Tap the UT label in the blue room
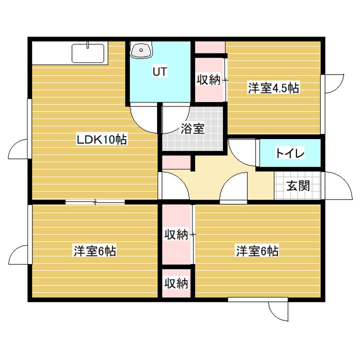[x=159, y=71]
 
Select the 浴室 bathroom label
[x=191, y=128]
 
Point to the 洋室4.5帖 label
[x=273, y=88]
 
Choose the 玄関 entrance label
[x=298, y=186]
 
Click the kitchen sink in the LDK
[x=88, y=52]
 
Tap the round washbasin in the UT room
[x=140, y=50]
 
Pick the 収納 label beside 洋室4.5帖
[x=208, y=80]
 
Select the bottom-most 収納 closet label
[x=176, y=283]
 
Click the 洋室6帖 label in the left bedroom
[x=95, y=251]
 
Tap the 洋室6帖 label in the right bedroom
[x=257, y=251]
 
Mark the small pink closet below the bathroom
[x=176, y=163]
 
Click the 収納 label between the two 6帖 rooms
[x=176, y=234]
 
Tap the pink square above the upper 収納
[x=209, y=47]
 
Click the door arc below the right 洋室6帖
[x=278, y=311]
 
